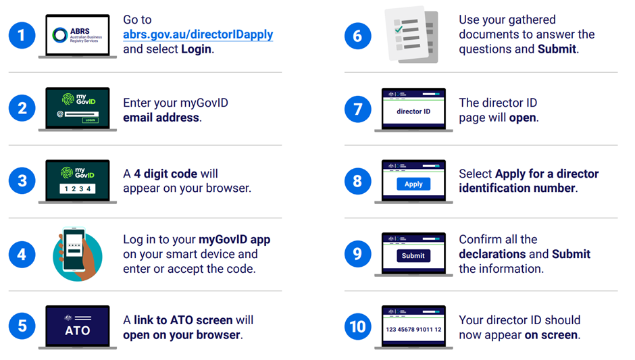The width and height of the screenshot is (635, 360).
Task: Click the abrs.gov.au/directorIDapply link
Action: point(198,35)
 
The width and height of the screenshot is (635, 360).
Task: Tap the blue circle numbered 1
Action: point(22,35)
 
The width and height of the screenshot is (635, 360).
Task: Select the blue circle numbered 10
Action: point(357,326)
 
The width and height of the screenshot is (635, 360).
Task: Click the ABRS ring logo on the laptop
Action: point(60,35)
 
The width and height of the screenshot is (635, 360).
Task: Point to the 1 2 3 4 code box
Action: point(78,188)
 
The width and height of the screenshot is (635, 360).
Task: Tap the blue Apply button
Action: point(413,184)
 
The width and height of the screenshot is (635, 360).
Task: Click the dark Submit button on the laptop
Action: point(413,255)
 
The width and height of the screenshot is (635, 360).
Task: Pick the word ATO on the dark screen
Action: point(78,330)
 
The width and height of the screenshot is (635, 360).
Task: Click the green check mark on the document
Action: point(399,29)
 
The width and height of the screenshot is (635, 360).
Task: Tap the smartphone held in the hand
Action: point(74,249)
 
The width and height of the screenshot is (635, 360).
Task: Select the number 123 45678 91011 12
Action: point(413,330)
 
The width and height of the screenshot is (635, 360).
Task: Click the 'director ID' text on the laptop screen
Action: point(413,111)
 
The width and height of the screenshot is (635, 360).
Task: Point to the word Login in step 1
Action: point(196,49)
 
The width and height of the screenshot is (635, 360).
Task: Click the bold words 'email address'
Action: point(161,118)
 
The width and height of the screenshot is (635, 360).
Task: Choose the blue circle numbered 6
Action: point(357,36)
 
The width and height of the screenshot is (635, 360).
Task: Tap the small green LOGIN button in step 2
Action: point(91,120)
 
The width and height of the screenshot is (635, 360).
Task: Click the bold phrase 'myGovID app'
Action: point(234,240)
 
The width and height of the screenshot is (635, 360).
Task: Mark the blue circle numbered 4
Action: point(22,255)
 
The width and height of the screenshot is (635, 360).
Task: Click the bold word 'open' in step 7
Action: point(522,118)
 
